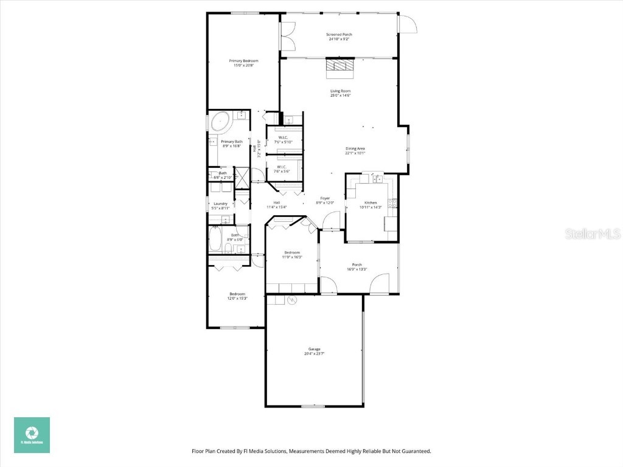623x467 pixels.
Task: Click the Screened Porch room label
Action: pos(339,35)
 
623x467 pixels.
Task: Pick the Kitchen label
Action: pos(371,202)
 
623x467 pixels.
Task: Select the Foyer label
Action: pos(325,199)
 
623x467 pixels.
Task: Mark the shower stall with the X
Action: pos(243,175)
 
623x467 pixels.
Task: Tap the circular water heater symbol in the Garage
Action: pos(291,300)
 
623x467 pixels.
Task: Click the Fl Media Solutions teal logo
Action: pos(32,435)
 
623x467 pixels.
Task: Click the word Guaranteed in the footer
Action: pos(415,451)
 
